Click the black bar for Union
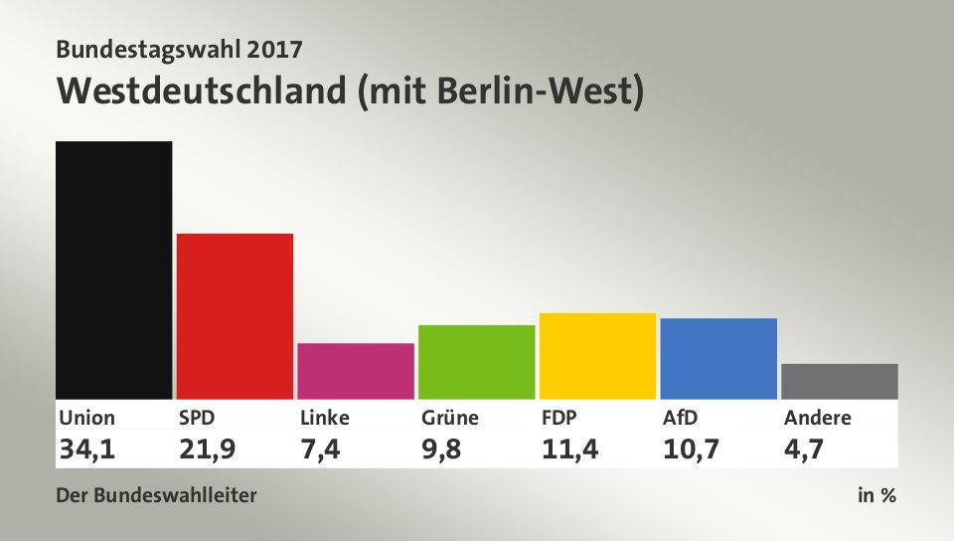coord(114,270)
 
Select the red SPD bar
coord(235,316)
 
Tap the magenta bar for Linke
coord(356,371)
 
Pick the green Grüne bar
coord(476,362)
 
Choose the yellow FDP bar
coord(597,356)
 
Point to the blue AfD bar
coord(718,358)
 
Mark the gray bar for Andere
coord(840,381)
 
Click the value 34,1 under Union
coord(86,450)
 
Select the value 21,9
coord(208,450)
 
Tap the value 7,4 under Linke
coord(321,450)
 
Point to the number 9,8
coord(440,450)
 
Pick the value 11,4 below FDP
coord(569,450)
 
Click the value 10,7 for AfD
coord(692,450)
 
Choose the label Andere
coord(817,418)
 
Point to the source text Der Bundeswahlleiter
coord(157,495)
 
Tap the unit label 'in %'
coord(876,495)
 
